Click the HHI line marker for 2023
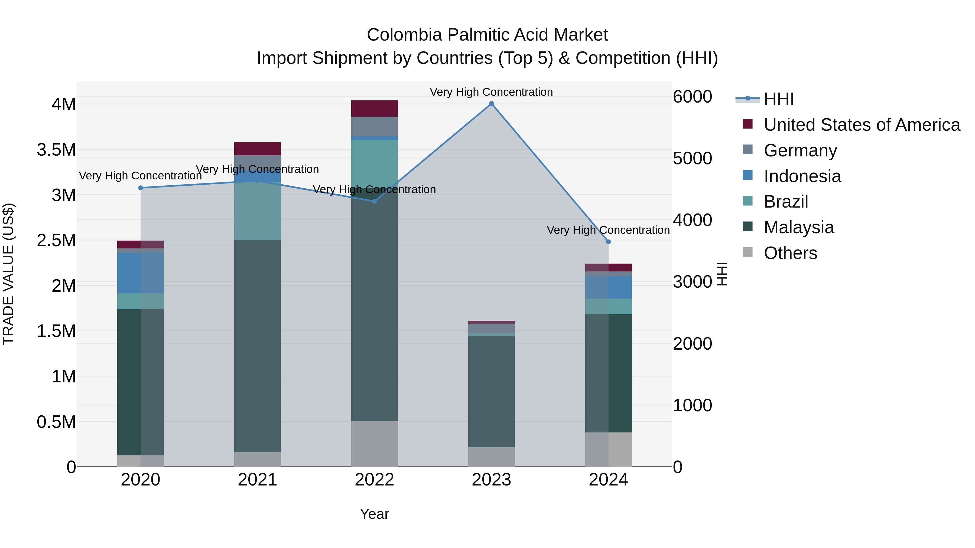[x=491, y=104]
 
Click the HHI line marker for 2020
[x=140, y=188]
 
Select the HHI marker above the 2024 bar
[x=608, y=242]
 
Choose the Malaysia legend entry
[x=799, y=228]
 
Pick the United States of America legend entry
[x=862, y=125]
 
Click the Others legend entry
[x=790, y=253]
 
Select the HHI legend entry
[x=779, y=99]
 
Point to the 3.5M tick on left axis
[x=57, y=150]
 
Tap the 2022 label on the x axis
[x=374, y=480]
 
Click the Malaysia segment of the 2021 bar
[x=257, y=346]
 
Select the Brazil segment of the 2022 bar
[x=374, y=163]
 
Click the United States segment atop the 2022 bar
[x=374, y=109]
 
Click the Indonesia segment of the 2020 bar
[x=140, y=273]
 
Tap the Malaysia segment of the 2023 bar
[x=491, y=391]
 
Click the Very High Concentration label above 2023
[x=491, y=92]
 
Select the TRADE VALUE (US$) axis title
[x=8, y=274]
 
